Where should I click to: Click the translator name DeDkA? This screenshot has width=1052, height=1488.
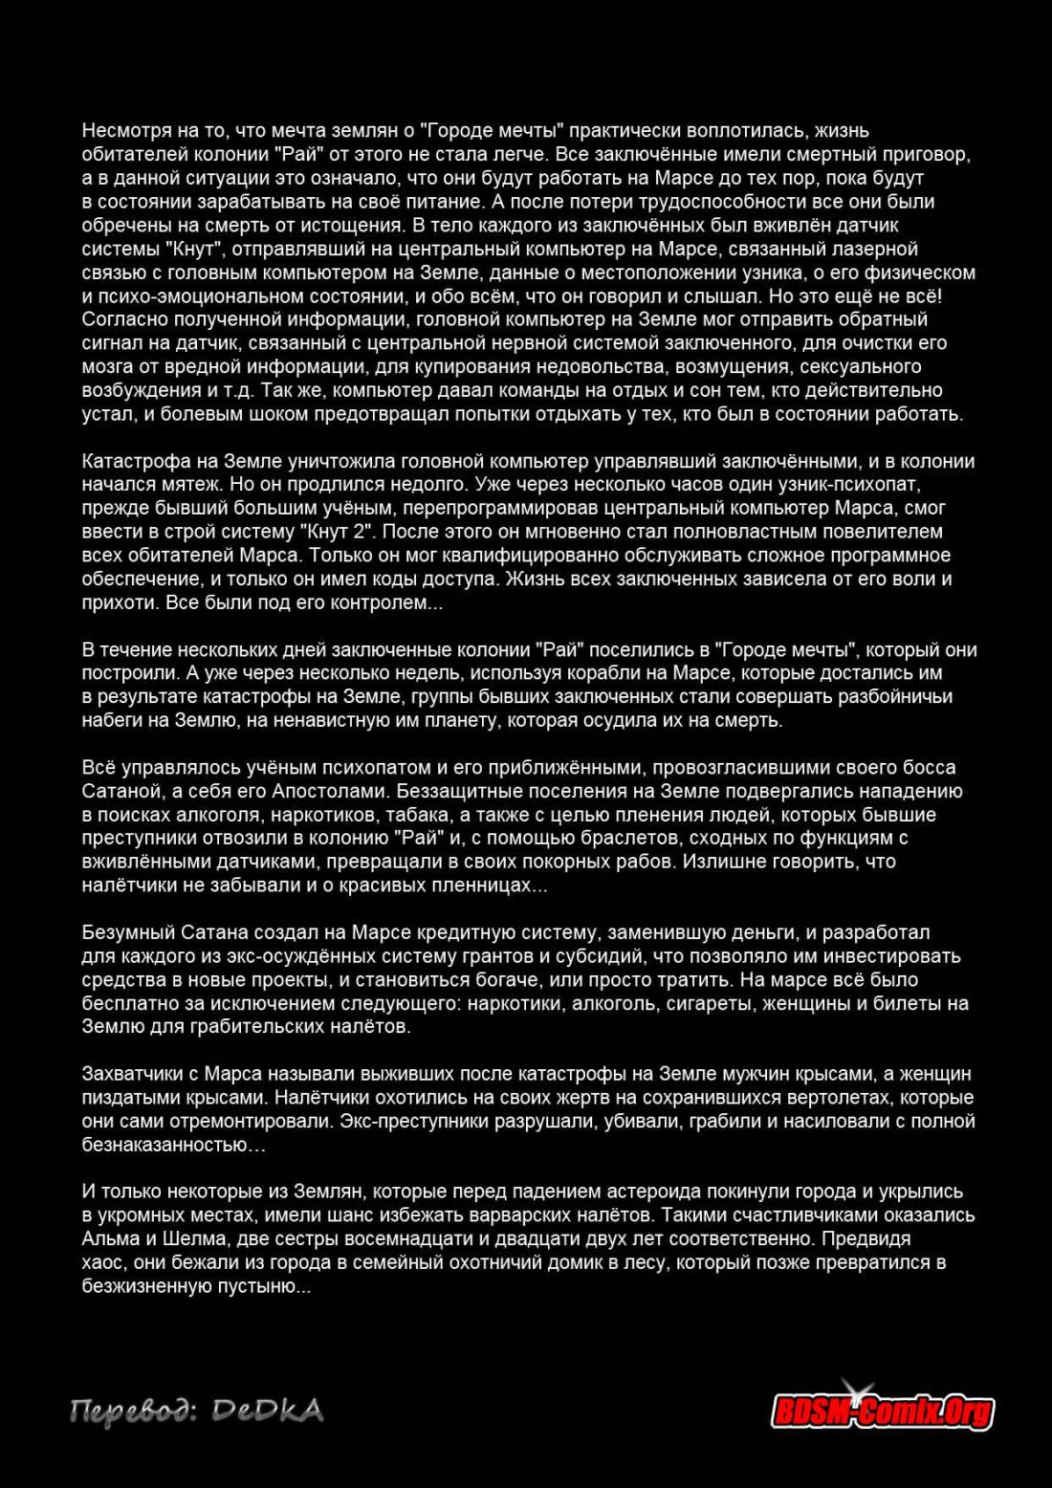click(x=267, y=1411)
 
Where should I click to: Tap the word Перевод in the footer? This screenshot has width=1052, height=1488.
click(x=130, y=1411)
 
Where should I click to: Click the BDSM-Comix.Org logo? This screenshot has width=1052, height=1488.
click(x=882, y=1410)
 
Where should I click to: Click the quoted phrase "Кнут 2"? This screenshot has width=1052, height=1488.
click(x=336, y=532)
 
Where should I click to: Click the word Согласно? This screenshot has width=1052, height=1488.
click(x=121, y=319)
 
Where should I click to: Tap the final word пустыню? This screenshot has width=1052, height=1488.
click(x=261, y=1286)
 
